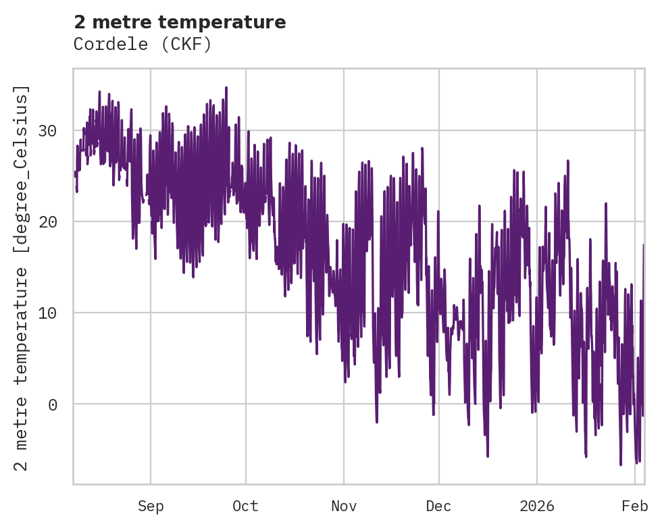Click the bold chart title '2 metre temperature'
(x=180, y=22)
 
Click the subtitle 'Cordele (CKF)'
(x=143, y=45)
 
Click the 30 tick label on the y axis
(x=47, y=130)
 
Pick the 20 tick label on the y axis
(x=47, y=221)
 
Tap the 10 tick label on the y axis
(x=47, y=313)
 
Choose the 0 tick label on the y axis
(x=52, y=404)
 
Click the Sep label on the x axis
(x=151, y=506)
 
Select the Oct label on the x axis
(x=245, y=506)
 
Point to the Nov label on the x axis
(x=344, y=506)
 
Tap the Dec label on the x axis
(x=438, y=506)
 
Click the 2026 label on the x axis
(x=537, y=506)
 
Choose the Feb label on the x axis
(x=635, y=506)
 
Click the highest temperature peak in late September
(x=226, y=87)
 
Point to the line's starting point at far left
(x=75, y=174)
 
